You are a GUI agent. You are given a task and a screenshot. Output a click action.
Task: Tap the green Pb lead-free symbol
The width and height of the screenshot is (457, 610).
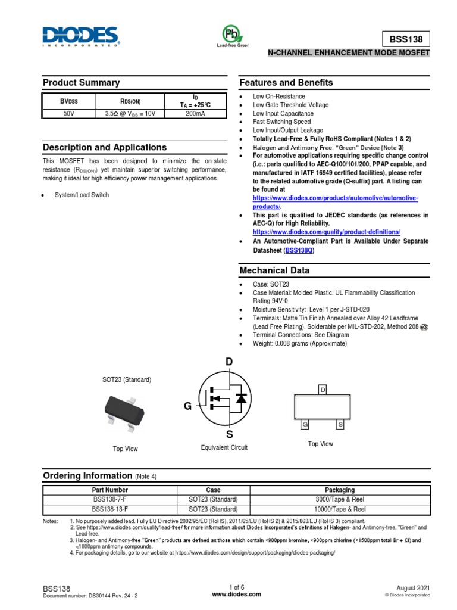pyautogui.click(x=228, y=33)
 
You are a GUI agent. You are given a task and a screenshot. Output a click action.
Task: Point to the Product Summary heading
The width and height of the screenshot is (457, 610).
pyautogui.click(x=81, y=83)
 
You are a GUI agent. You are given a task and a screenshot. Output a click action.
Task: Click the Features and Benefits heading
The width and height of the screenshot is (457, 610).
pyautogui.click(x=286, y=83)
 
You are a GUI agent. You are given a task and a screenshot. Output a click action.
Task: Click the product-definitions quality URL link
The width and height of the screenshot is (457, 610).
pyautogui.click(x=326, y=231)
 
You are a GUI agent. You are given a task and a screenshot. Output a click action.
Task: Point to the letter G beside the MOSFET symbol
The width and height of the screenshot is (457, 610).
pyautogui.click(x=187, y=406)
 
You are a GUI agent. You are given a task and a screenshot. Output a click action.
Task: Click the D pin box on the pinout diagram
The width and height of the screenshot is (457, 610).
pyautogui.click(x=323, y=390)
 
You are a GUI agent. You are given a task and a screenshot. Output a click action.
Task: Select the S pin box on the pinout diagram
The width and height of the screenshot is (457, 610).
pyautogui.click(x=340, y=424)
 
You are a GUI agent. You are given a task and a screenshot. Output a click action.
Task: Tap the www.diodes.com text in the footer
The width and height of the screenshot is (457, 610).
pyautogui.click(x=228, y=595)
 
